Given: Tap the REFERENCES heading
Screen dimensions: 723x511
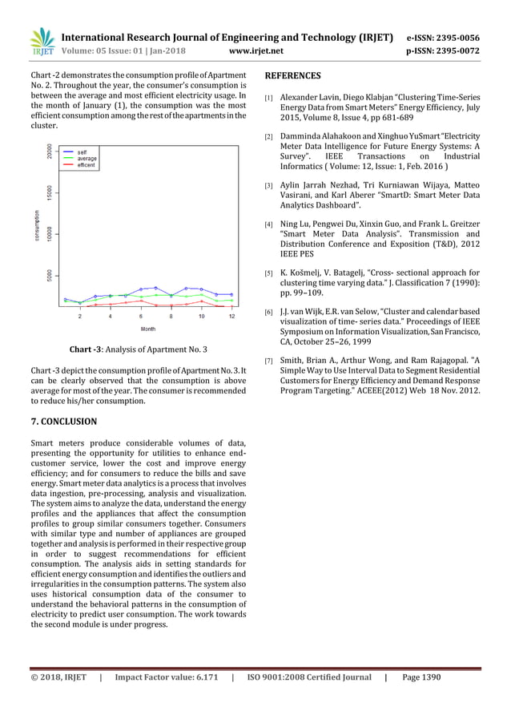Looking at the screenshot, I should pos(292,76).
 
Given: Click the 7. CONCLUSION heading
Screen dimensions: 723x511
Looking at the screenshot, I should pos(63,421).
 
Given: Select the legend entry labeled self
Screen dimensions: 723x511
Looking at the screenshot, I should pos(82,151).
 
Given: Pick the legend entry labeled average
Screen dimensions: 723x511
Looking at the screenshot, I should pos(87,158).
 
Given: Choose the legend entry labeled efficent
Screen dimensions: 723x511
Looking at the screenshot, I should pos(87,165).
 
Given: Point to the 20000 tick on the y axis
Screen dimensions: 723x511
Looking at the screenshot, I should pos(50,152).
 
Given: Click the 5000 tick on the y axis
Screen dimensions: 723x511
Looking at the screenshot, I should pos(50,275).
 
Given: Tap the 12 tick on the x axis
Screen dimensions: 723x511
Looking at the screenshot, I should pos(231,317).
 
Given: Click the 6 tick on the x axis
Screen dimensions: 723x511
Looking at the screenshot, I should pos(140,317).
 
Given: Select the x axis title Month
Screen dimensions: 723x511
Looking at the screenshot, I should pos(148,329).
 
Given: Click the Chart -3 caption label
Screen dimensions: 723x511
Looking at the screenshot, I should pos(87,350).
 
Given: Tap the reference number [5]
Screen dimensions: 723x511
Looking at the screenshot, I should pos(269,274).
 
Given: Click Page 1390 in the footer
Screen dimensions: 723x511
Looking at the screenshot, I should pos(421,677).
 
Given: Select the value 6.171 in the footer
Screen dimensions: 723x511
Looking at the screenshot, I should pos(200,677).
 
